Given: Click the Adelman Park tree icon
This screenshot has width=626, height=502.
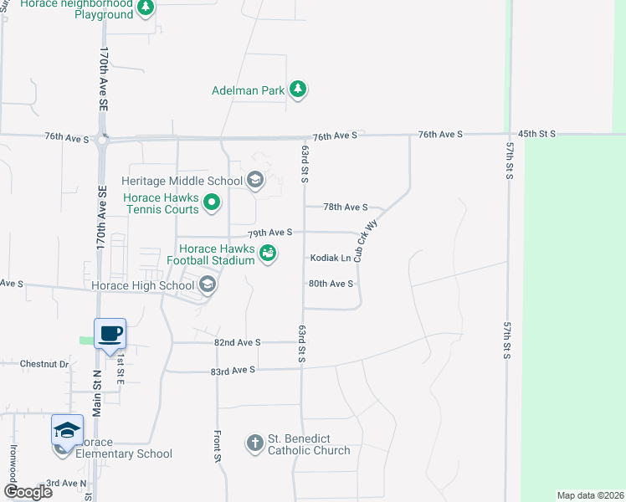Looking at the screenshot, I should (x=297, y=89).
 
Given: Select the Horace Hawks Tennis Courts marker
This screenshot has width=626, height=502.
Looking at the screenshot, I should (x=213, y=202).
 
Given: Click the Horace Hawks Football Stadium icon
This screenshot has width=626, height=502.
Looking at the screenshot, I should (x=268, y=253).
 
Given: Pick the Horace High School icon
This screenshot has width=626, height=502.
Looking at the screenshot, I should (x=207, y=286).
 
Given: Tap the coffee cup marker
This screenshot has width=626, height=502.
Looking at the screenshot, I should (x=110, y=334).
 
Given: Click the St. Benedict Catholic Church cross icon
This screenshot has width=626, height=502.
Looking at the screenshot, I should (x=255, y=443).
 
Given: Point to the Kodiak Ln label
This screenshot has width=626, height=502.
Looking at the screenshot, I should (x=331, y=259).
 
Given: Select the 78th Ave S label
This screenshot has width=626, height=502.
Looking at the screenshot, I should (x=346, y=207).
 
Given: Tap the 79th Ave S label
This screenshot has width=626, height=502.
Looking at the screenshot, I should (x=269, y=232).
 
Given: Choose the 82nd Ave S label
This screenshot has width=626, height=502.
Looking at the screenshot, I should (x=238, y=342).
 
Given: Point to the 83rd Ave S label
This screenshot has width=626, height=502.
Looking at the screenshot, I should (x=233, y=369).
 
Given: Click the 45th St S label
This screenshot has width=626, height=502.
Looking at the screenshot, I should (x=536, y=134).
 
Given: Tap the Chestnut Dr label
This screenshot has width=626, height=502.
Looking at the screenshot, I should (x=44, y=364).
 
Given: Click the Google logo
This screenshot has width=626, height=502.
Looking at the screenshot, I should (x=28, y=492).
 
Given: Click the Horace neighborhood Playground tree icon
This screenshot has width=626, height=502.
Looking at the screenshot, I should (x=146, y=8).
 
